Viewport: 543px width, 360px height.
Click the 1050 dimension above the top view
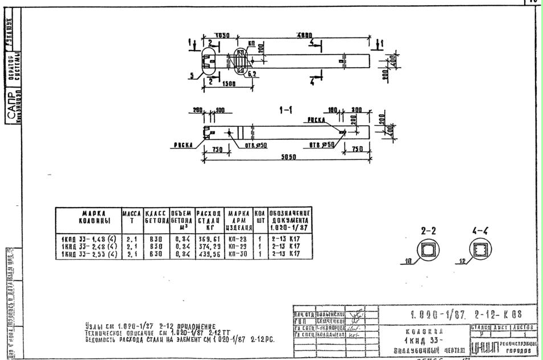point(222,35)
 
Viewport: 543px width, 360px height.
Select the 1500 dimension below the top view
point(230,84)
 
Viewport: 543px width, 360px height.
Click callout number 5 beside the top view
point(192,75)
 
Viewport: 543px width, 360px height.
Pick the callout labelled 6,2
point(252,73)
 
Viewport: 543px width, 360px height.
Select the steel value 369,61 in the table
point(209,239)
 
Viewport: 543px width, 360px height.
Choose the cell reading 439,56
point(209,254)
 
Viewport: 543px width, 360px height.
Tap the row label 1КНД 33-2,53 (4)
point(88,254)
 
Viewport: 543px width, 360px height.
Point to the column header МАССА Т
point(131,217)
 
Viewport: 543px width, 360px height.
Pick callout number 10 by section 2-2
point(408,262)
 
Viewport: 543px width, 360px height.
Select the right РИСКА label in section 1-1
point(317,121)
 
